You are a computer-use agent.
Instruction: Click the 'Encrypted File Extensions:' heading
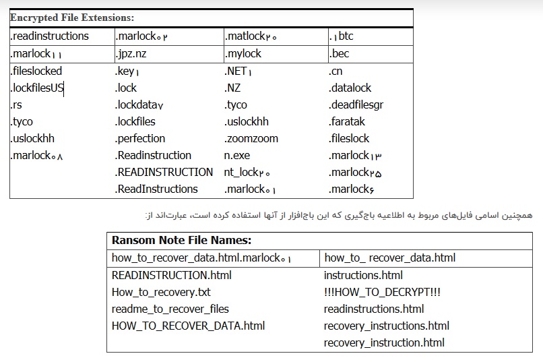click(x=72, y=18)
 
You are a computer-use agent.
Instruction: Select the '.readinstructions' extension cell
click(x=50, y=36)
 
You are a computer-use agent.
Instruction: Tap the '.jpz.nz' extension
click(x=131, y=54)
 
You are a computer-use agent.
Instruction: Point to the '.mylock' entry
click(x=243, y=54)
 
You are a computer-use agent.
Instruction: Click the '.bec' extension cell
click(x=339, y=54)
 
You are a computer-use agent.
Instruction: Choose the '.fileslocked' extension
click(x=36, y=71)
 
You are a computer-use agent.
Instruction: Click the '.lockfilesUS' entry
click(x=36, y=88)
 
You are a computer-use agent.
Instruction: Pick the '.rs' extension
click(x=16, y=105)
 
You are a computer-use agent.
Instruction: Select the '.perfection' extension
click(x=140, y=139)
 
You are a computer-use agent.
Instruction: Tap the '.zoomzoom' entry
click(x=251, y=139)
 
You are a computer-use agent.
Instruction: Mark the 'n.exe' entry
click(x=237, y=156)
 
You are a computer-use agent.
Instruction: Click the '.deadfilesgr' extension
click(x=356, y=105)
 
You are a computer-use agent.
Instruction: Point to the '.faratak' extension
click(x=347, y=121)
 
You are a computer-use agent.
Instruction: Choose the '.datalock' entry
click(x=350, y=88)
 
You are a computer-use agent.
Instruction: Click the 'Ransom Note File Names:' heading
click(x=181, y=240)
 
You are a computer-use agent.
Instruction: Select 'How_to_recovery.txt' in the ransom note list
click(x=161, y=293)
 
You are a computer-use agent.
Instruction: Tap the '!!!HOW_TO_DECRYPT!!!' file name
click(x=382, y=292)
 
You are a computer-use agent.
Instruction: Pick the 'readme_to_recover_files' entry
click(x=170, y=309)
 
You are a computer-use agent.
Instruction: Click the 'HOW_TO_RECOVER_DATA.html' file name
click(x=188, y=326)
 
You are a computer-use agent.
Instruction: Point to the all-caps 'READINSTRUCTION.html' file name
click(x=171, y=276)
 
